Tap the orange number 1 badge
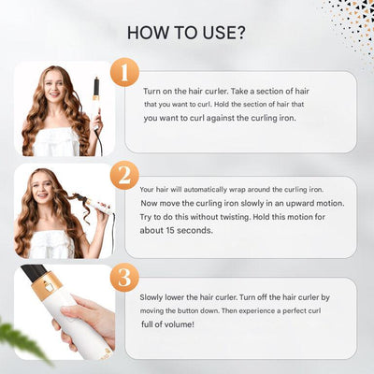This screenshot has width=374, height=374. pyautogui.click(x=124, y=74)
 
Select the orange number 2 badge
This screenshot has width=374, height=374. pyautogui.click(x=124, y=175)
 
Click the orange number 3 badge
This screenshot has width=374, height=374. pyautogui.click(x=124, y=278)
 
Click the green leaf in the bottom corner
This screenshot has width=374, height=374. pyautogui.click(x=23, y=341)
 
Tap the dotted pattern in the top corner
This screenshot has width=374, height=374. pyautogui.click(x=353, y=19)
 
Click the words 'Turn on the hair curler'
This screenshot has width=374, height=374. pyautogui.click(x=183, y=92)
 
